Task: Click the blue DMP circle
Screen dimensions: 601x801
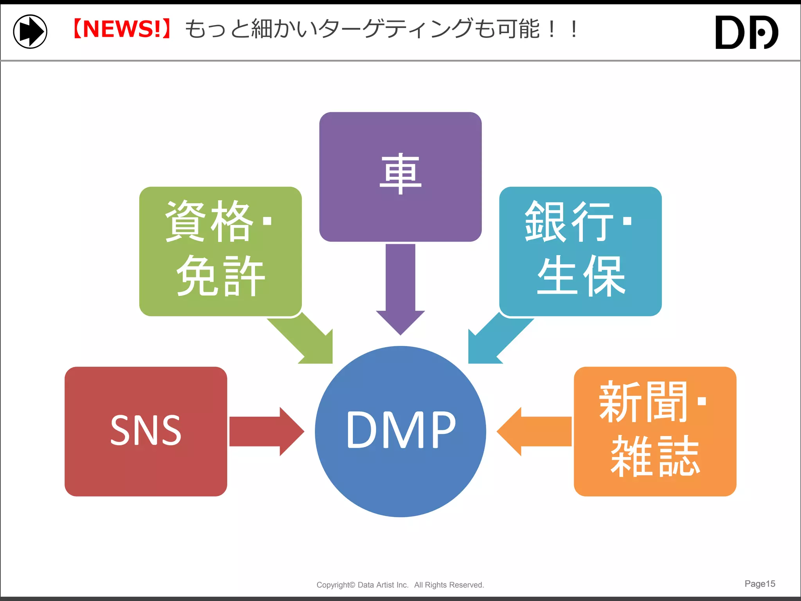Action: pos(400,431)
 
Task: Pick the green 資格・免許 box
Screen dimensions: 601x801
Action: pos(220,251)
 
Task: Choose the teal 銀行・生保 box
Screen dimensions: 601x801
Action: pos(580,251)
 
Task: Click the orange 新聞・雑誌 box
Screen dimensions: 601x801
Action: pos(655,431)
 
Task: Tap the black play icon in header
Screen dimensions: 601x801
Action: pos(30,31)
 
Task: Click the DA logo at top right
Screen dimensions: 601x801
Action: pos(746,32)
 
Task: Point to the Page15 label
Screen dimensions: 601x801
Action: pos(760,584)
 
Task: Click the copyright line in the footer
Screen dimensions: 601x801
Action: pos(400,585)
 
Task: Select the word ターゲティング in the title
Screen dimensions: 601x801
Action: pos(395,29)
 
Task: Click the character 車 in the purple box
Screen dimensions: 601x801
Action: pos(400,174)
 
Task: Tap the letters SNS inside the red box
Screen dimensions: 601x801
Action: pos(145,430)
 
